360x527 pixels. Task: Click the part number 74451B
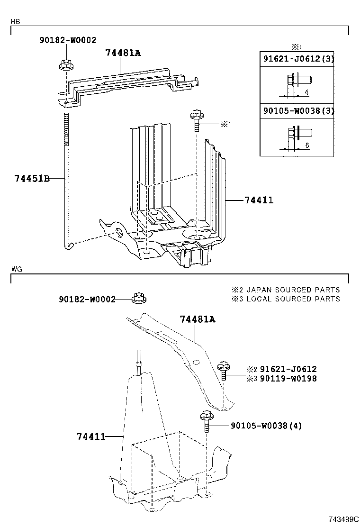pyautogui.click(x=32, y=179)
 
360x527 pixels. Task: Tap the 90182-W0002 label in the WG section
pyautogui.click(x=87, y=299)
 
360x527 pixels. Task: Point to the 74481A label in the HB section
pyautogui.click(x=123, y=53)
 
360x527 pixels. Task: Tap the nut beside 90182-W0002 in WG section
pyautogui.click(x=139, y=298)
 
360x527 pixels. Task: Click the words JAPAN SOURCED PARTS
pyautogui.click(x=293, y=290)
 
